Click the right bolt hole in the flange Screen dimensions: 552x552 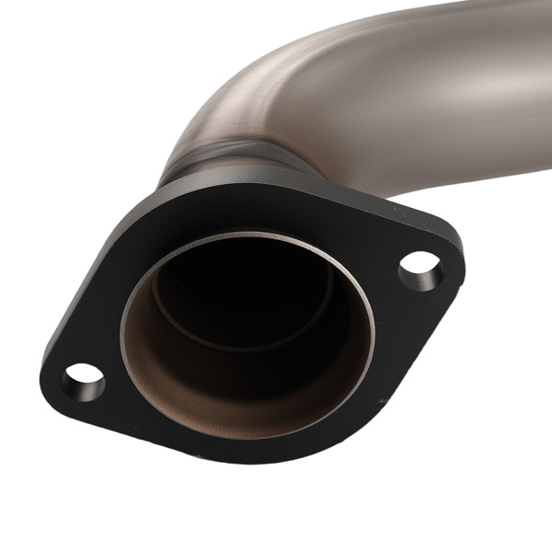[x=420, y=268]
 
